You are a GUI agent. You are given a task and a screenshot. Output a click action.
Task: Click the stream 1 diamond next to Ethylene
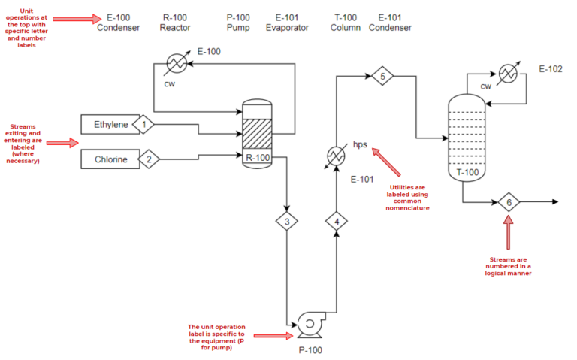143,123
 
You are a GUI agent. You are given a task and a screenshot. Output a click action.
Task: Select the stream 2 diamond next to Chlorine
148,159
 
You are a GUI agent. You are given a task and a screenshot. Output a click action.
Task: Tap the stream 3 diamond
286,221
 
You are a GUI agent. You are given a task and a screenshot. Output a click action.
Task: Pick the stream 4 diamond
336,221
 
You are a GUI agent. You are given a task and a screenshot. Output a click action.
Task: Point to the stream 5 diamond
382,76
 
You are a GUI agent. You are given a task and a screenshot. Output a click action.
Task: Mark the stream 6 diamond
509,202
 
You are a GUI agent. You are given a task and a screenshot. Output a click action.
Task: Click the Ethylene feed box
110,124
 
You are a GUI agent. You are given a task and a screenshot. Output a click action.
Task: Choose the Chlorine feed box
110,159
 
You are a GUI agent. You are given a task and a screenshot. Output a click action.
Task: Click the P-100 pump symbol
308,324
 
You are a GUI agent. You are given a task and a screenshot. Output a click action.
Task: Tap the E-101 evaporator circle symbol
336,155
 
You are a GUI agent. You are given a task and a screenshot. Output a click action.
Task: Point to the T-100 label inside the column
467,171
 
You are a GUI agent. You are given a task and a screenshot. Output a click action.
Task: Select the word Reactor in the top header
175,28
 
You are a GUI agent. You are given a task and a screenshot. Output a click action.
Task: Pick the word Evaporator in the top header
287,28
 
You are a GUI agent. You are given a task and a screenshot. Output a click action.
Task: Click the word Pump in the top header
238,28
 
